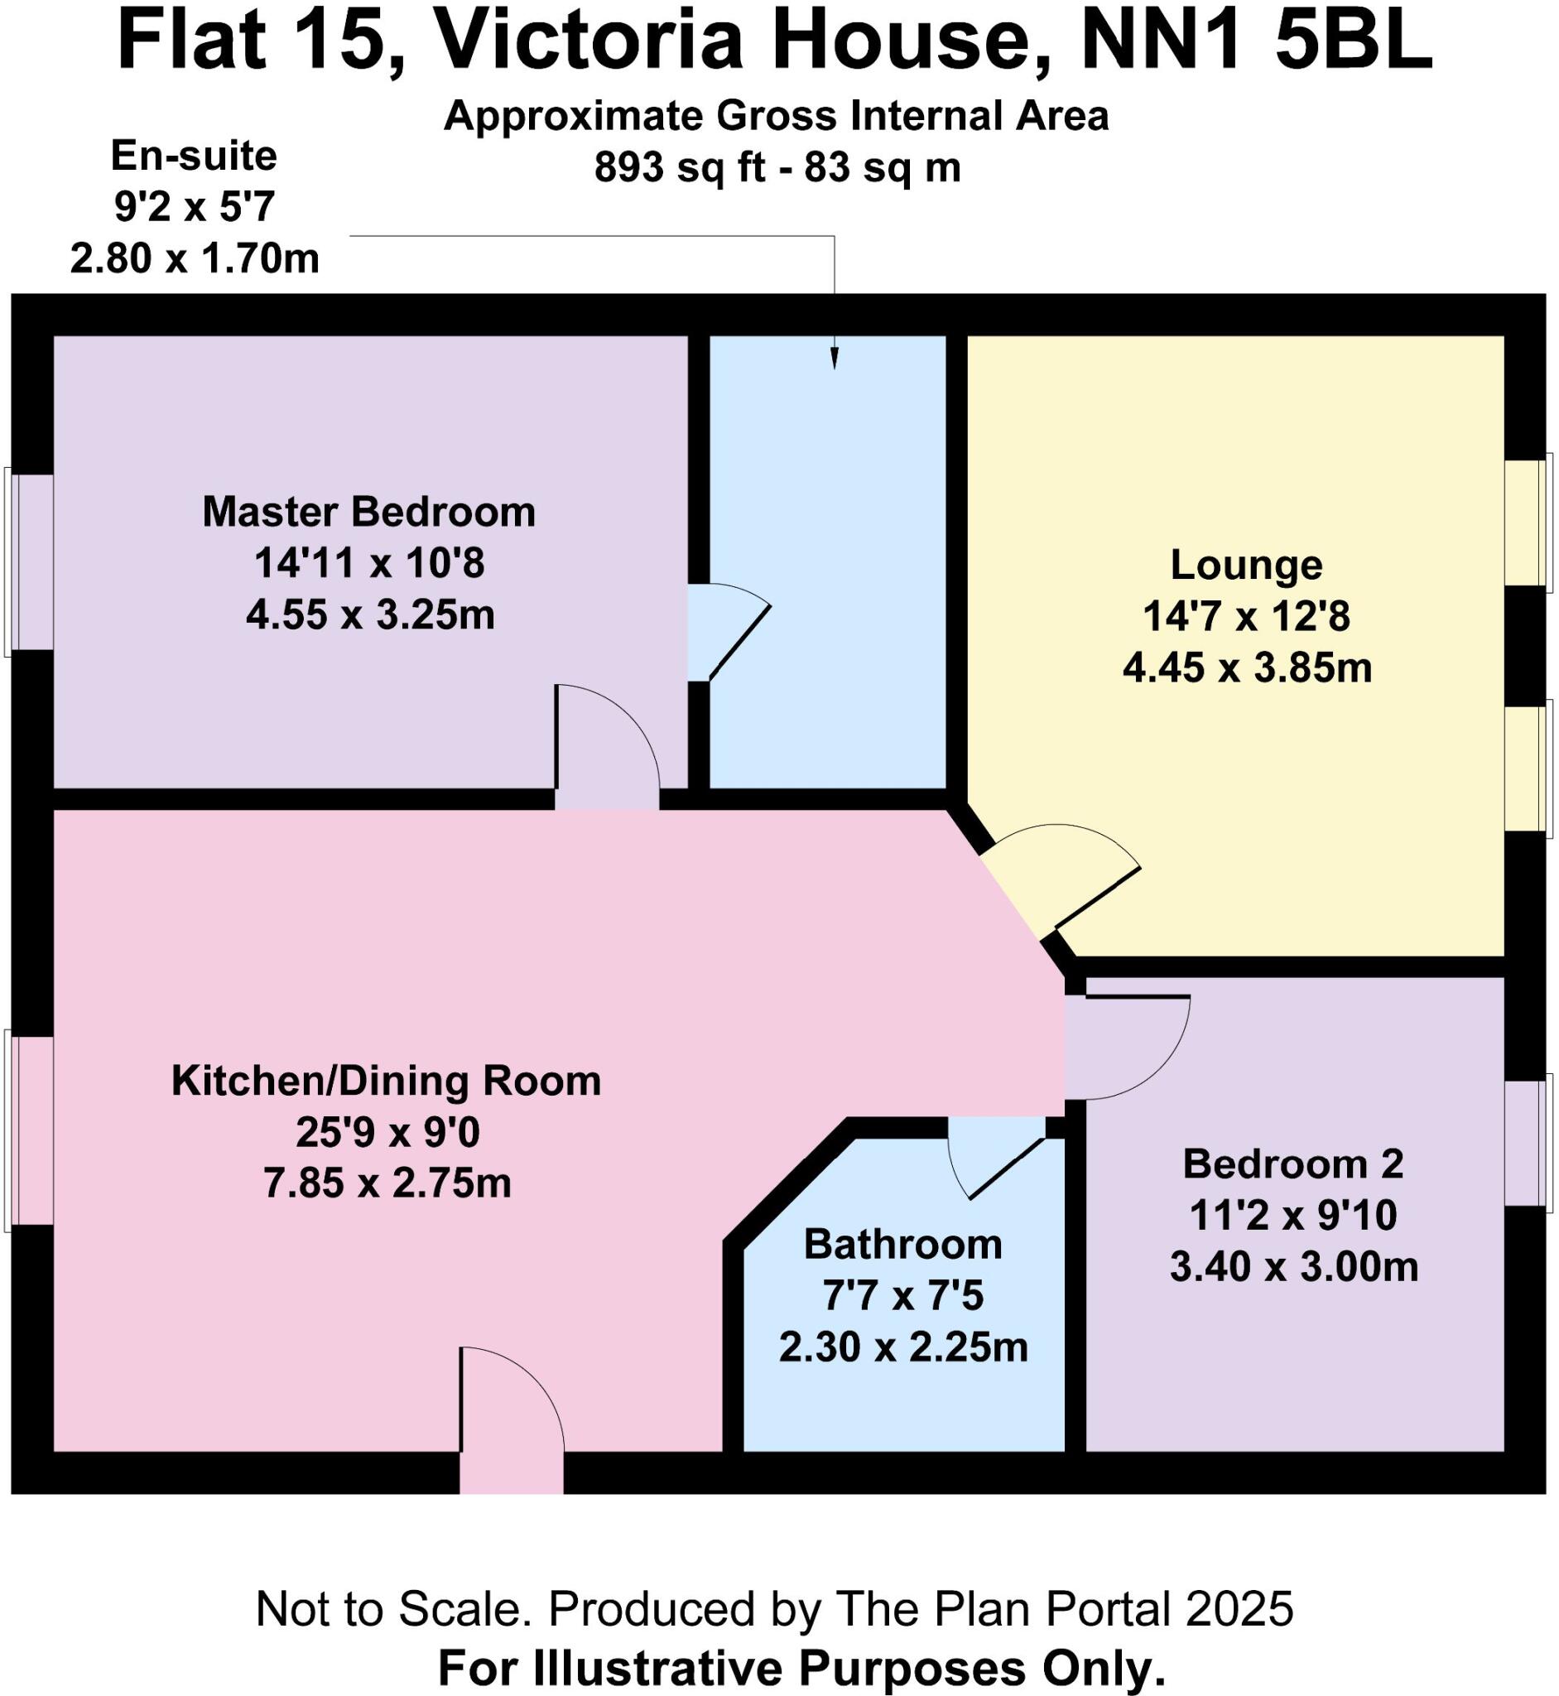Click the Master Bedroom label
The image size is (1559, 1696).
click(368, 512)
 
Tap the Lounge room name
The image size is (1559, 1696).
click(1246, 565)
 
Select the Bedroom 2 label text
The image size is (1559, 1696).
click(1292, 1164)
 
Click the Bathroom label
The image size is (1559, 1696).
click(902, 1244)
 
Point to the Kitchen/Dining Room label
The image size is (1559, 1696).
click(387, 1080)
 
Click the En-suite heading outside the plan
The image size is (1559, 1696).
click(193, 156)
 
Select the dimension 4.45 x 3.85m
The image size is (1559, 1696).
click(1247, 668)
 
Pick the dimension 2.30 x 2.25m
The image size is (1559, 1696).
click(902, 1347)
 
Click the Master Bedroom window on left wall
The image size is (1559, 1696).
click(32, 562)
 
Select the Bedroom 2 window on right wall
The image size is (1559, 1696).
click(1528, 1141)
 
